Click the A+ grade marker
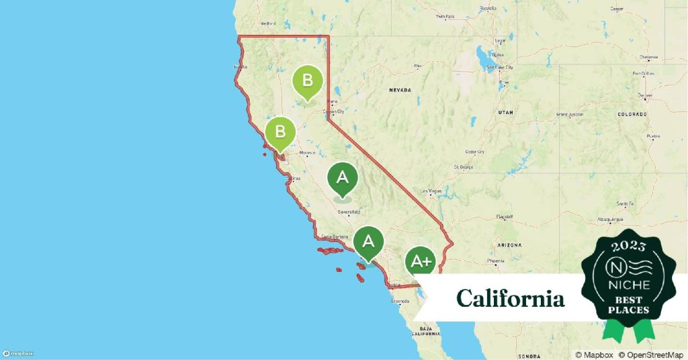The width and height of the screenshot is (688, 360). click(421, 262)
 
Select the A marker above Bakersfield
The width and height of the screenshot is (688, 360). click(342, 179)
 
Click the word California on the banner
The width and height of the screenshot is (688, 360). click(511, 298)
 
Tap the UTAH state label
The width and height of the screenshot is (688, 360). click(506, 114)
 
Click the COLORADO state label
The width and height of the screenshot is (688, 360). click(632, 114)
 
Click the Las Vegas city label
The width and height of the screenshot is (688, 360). click(432, 191)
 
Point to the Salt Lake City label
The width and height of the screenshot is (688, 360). click(500, 68)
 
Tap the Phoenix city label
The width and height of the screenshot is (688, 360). click(496, 260)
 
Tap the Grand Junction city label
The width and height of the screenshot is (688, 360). click(570, 115)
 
